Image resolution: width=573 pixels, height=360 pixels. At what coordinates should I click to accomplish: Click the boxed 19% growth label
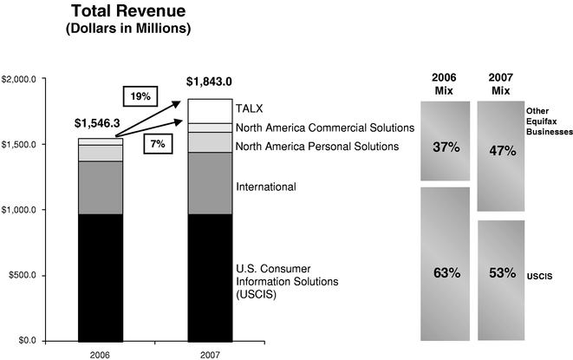click(140, 95)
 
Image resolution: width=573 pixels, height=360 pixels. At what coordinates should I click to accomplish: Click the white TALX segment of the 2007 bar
click(210, 111)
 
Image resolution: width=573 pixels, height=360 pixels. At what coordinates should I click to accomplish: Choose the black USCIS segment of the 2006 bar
click(100, 277)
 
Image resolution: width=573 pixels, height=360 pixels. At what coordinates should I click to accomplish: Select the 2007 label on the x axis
click(210, 354)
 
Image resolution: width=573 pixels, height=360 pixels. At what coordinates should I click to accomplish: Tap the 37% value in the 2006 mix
click(446, 147)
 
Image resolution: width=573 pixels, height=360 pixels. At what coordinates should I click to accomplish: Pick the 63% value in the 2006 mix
click(446, 273)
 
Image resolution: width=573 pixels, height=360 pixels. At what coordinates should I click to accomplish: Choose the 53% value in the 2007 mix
click(502, 273)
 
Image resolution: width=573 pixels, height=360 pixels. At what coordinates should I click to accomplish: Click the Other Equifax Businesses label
click(550, 124)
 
